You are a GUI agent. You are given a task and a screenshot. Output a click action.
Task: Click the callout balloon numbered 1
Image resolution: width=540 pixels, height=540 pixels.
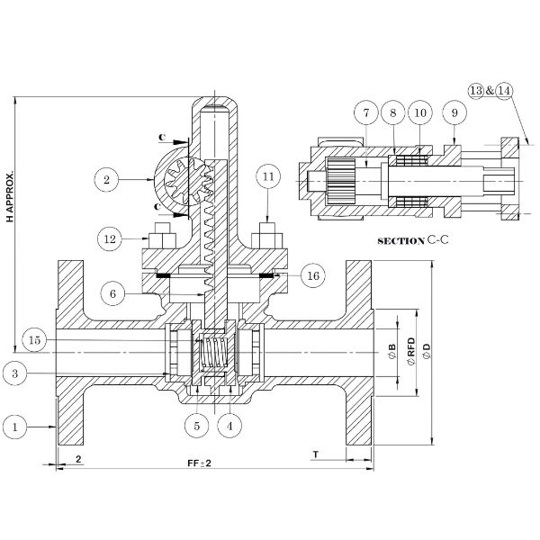click(15, 427)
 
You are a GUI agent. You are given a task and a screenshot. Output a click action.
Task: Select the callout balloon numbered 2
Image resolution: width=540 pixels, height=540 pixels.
click(106, 180)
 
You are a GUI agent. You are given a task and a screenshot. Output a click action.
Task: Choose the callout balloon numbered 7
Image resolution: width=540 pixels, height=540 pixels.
click(366, 113)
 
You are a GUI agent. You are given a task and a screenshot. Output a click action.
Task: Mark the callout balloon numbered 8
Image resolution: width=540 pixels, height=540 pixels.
click(392, 113)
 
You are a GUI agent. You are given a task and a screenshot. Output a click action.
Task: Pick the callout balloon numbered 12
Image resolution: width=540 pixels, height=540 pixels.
click(111, 239)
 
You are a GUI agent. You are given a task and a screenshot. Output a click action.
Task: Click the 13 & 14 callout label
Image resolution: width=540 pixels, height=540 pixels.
click(490, 90)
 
